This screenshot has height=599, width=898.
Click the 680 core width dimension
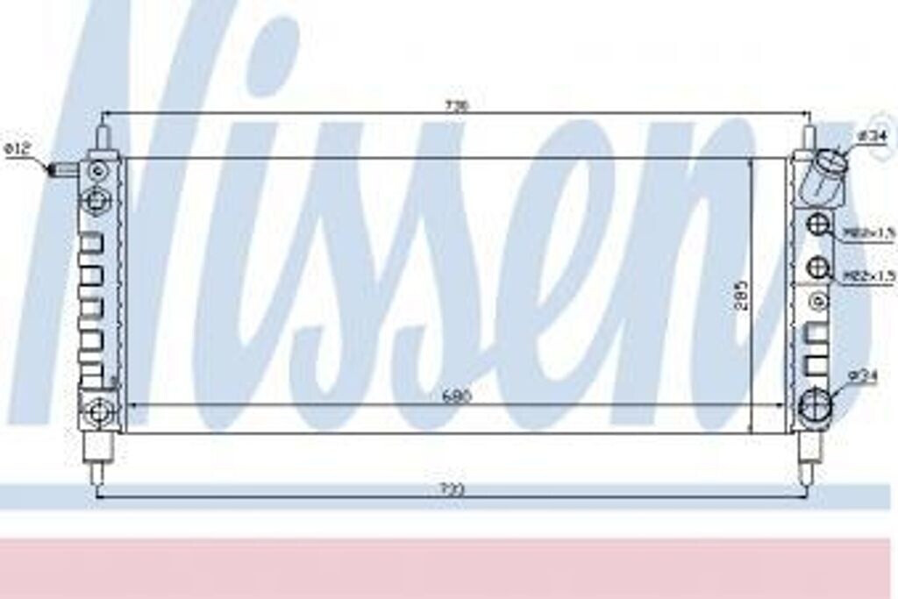pyautogui.click(x=456, y=396)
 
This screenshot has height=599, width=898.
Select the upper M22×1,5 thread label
pyautogui.click(x=869, y=232)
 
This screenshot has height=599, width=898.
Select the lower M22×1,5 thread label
pyautogui.click(x=869, y=275)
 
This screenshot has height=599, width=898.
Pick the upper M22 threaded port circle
pyautogui.click(x=818, y=225)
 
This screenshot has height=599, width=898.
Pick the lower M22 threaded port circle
pyautogui.click(x=818, y=267)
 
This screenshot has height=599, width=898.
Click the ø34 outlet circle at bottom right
pyautogui.click(x=816, y=403)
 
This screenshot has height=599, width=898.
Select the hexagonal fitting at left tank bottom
pyautogui.click(x=97, y=409)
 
